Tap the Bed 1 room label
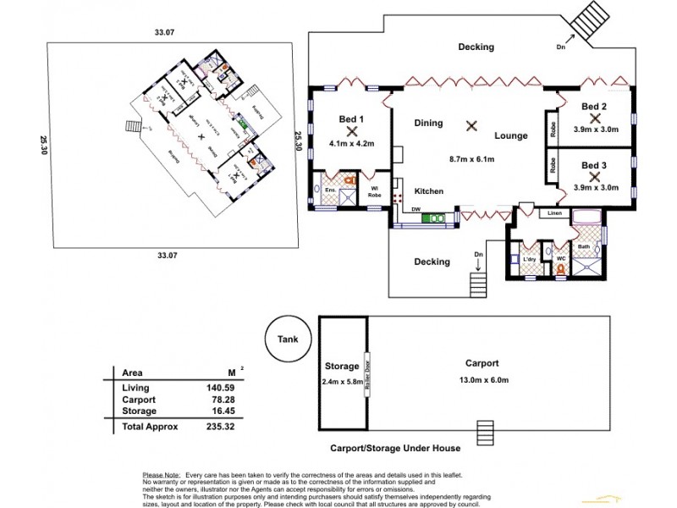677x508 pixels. pos(350,119)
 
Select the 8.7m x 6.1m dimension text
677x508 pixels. pos(471,158)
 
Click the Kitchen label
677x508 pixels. pos(429,191)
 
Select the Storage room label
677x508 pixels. pos(343,367)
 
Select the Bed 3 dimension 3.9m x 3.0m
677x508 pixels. pos(595,187)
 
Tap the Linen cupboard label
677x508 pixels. pos(555,213)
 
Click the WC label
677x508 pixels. pos(559,258)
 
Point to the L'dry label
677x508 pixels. pos(531,258)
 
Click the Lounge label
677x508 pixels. pos(511,135)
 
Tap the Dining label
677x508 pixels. pos(428,123)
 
